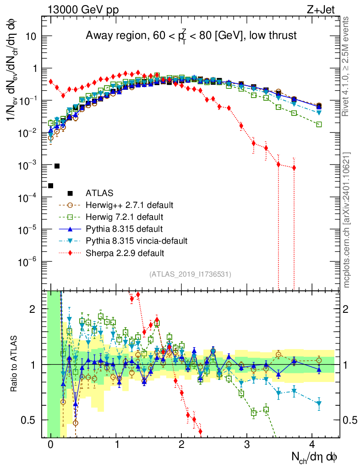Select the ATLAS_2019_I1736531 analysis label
pos(190,274)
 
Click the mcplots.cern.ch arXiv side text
pos(348,220)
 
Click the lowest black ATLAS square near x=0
pos(51,185)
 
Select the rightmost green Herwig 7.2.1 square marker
pos(319,124)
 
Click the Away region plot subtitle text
pos(191,36)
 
